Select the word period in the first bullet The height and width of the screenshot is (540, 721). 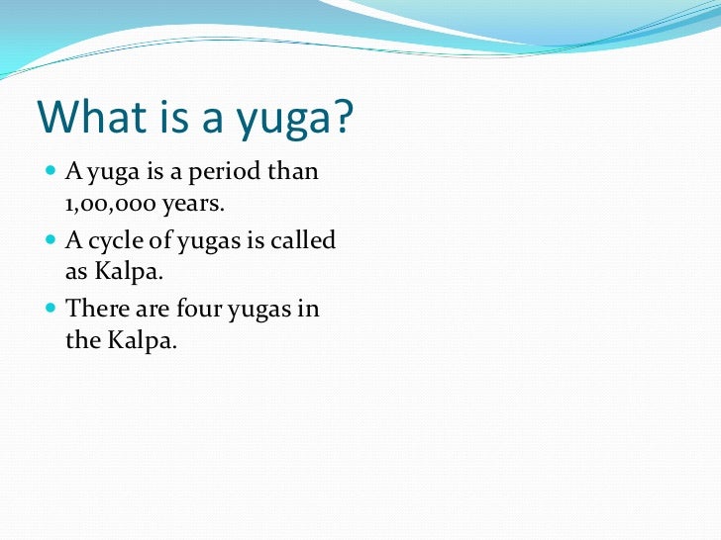click(217, 172)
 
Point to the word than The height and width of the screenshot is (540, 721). click(294, 172)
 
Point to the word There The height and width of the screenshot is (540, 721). click(97, 308)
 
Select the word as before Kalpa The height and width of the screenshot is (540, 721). click(78, 274)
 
